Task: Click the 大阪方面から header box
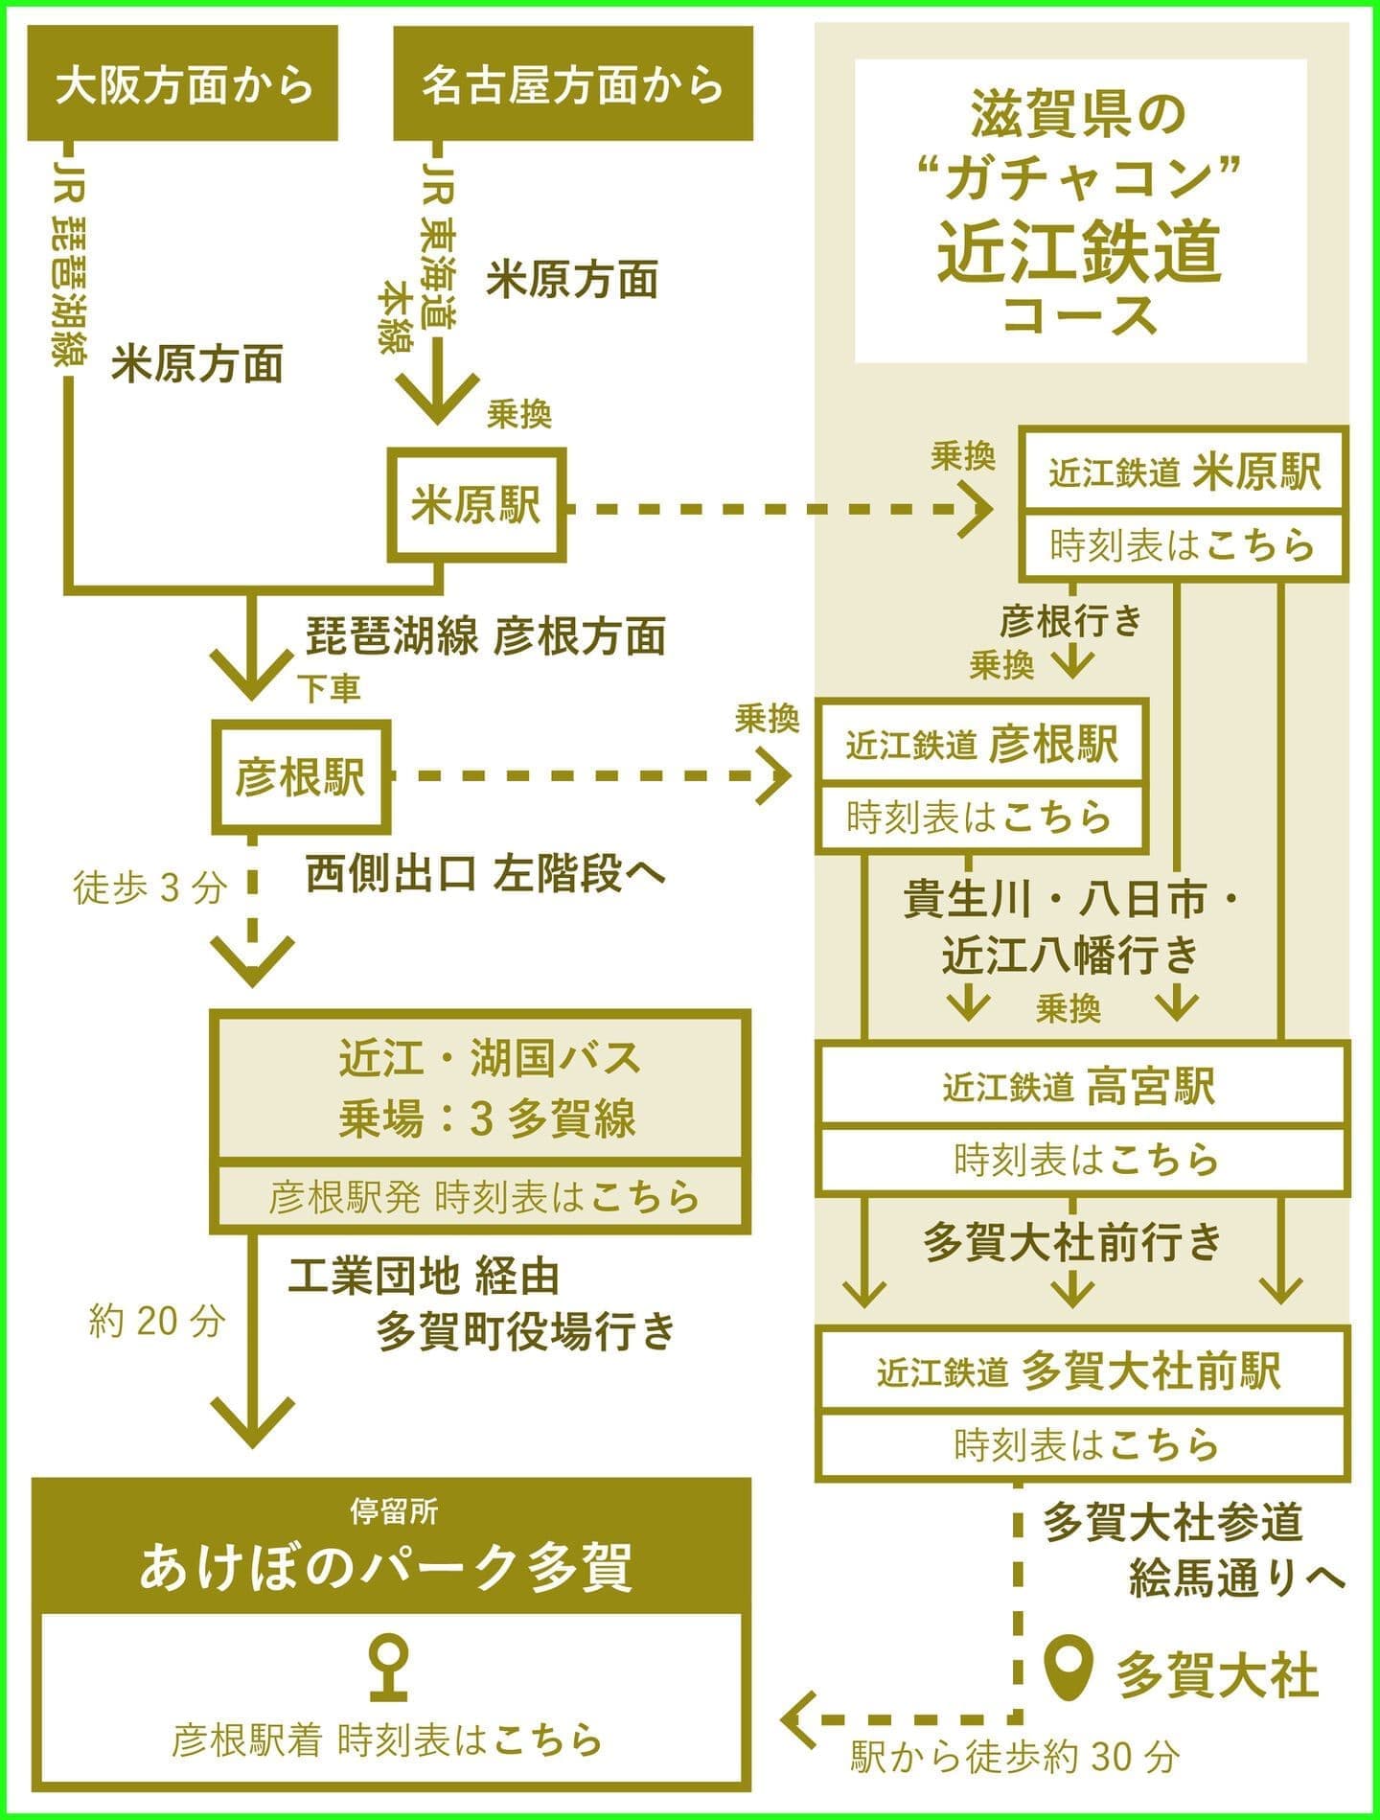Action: [182, 84]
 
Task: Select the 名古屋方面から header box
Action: [573, 84]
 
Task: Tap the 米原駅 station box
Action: [476, 505]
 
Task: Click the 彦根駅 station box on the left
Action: [300, 775]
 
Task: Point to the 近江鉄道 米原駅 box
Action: [1184, 472]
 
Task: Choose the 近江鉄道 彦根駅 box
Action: [981, 744]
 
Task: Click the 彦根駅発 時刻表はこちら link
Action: [483, 1197]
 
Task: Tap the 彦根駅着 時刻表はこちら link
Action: [388, 1739]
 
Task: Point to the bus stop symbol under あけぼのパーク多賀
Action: [390, 1665]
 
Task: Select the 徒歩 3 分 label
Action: [149, 888]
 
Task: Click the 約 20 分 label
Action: [156, 1322]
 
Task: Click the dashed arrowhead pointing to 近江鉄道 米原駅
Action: [977, 509]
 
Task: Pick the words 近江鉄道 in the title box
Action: [1080, 251]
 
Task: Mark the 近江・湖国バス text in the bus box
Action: [489, 1058]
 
